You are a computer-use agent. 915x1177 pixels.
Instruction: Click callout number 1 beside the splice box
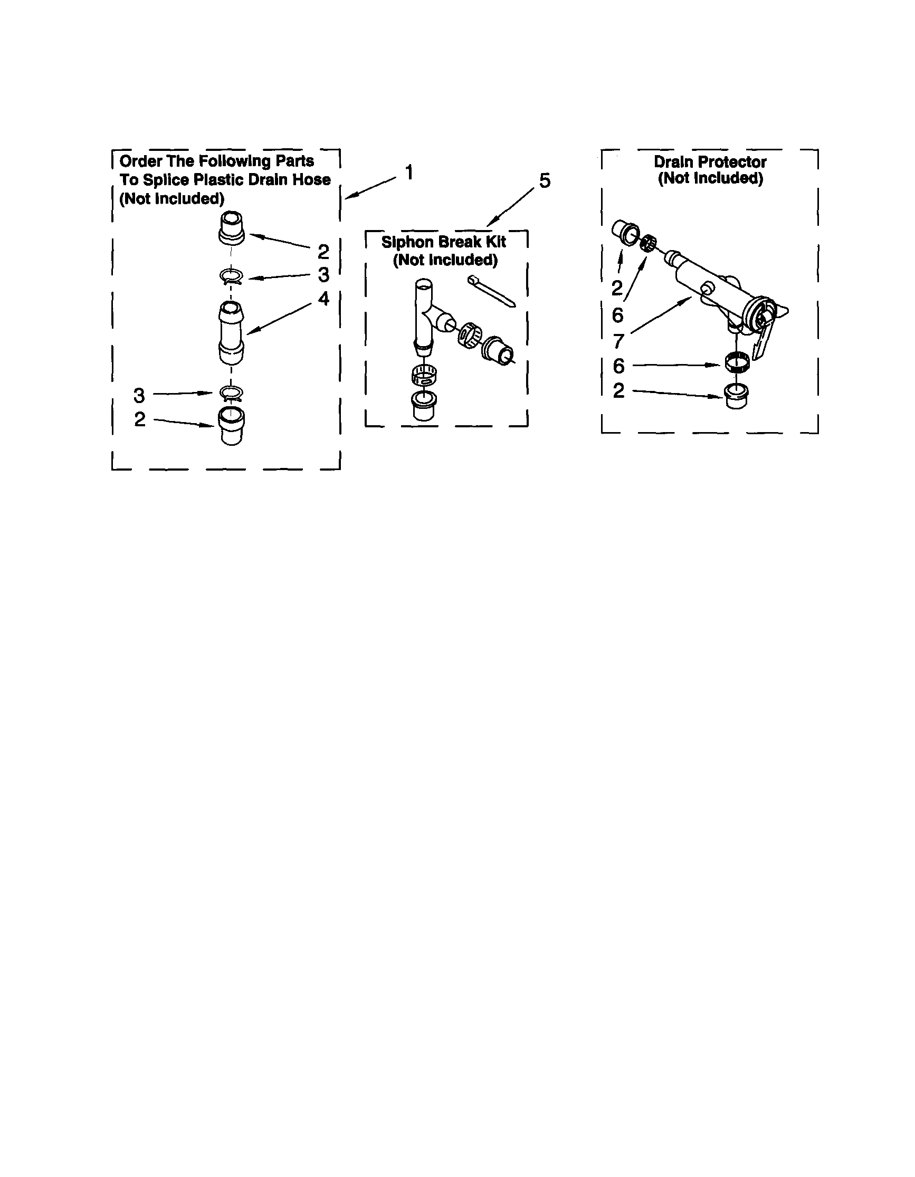pyautogui.click(x=409, y=173)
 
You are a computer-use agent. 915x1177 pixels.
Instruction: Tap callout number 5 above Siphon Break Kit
pyautogui.click(x=545, y=180)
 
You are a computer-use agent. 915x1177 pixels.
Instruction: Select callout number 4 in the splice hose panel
pyautogui.click(x=323, y=298)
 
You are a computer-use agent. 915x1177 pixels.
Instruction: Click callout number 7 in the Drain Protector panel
pyautogui.click(x=618, y=341)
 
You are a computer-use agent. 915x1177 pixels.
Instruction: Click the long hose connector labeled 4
pyautogui.click(x=231, y=332)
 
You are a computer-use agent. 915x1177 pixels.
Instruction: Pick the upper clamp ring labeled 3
pyautogui.click(x=231, y=277)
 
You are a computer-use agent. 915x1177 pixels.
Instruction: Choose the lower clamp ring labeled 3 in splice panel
pyautogui.click(x=231, y=394)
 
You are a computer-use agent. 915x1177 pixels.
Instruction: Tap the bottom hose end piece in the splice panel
pyautogui.click(x=231, y=426)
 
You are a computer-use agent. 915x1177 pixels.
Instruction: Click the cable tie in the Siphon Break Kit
pyautogui.click(x=491, y=291)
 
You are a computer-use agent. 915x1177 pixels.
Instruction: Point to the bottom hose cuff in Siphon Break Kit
pyautogui.click(x=424, y=405)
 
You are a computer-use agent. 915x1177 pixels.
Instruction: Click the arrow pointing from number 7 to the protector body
pyautogui.click(x=661, y=315)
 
